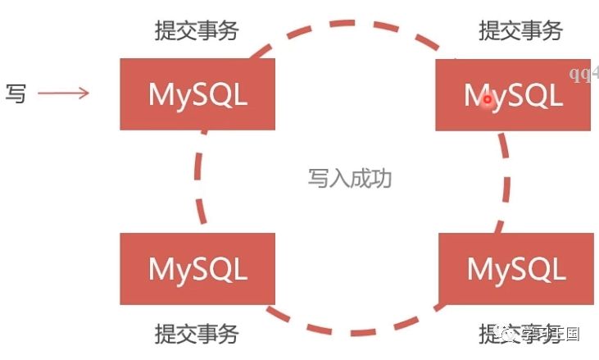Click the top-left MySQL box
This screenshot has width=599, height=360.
(197, 94)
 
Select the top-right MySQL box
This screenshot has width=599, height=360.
(513, 95)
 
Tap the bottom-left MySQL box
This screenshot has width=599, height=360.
(197, 269)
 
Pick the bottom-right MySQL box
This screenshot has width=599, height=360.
(516, 269)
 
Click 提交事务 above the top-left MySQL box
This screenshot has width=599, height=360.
(197, 31)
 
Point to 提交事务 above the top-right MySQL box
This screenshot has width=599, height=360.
(520, 31)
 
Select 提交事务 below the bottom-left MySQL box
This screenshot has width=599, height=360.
(197, 334)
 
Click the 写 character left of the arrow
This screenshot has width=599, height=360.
(16, 93)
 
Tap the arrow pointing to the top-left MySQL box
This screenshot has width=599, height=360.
(63, 93)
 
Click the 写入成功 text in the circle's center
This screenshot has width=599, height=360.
(350, 178)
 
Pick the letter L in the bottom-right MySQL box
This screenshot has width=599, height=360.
(558, 269)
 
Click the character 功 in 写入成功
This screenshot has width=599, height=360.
(382, 178)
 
